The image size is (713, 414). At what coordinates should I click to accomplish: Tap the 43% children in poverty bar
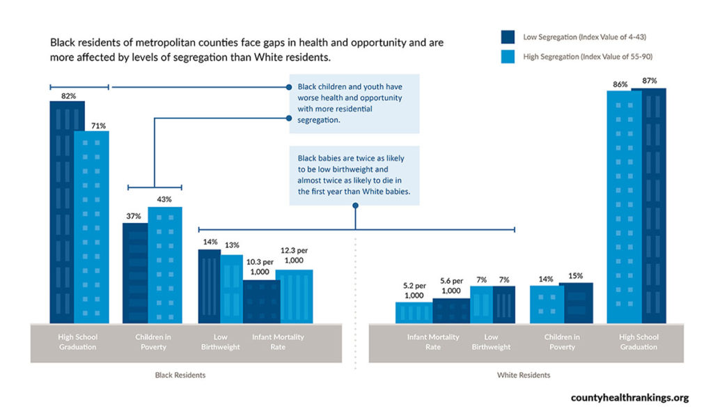(x=165, y=265)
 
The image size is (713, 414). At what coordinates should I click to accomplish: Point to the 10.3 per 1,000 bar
(x=261, y=301)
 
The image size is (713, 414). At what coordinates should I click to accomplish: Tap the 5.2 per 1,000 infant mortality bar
(x=414, y=312)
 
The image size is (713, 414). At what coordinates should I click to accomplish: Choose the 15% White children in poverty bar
(x=577, y=302)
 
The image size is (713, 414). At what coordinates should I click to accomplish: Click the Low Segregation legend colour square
(x=508, y=37)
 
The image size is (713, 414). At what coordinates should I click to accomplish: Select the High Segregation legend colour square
(x=508, y=56)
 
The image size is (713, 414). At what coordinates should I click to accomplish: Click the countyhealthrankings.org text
(x=629, y=398)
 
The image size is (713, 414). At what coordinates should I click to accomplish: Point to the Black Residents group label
(x=180, y=375)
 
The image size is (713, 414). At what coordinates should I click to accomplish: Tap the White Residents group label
(x=524, y=375)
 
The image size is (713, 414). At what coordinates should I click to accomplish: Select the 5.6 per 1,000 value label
(x=452, y=286)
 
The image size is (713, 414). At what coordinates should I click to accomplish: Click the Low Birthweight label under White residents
(x=491, y=342)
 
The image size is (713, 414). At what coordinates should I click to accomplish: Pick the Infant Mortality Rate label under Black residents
(x=278, y=342)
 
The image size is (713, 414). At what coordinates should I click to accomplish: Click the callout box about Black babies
(x=355, y=175)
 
